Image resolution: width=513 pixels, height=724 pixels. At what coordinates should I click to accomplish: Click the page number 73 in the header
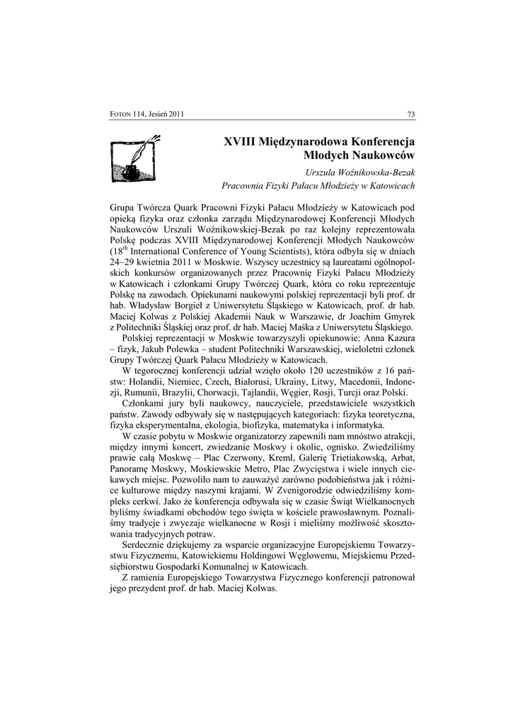[410, 115]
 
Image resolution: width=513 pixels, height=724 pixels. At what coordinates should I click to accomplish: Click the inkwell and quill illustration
[135, 160]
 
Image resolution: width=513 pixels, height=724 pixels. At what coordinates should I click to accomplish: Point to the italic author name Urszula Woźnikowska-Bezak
[359, 173]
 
